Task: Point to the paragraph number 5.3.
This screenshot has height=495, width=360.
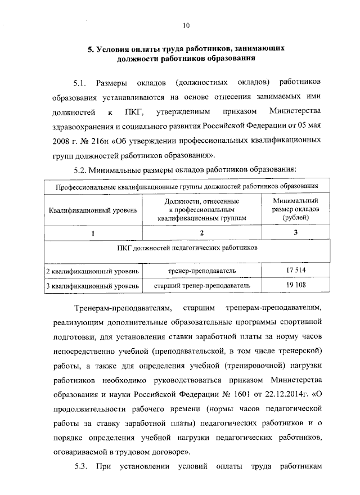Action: point(83,466)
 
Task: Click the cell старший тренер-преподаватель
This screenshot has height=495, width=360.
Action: point(201,286)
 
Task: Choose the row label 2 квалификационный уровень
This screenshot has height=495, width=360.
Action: point(92,272)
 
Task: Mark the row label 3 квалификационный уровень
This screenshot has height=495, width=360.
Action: point(92,286)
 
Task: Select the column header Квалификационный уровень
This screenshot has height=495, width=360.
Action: point(92,210)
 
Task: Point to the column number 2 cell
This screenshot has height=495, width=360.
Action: point(201,233)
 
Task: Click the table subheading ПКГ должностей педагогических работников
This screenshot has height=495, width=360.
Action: point(185,247)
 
